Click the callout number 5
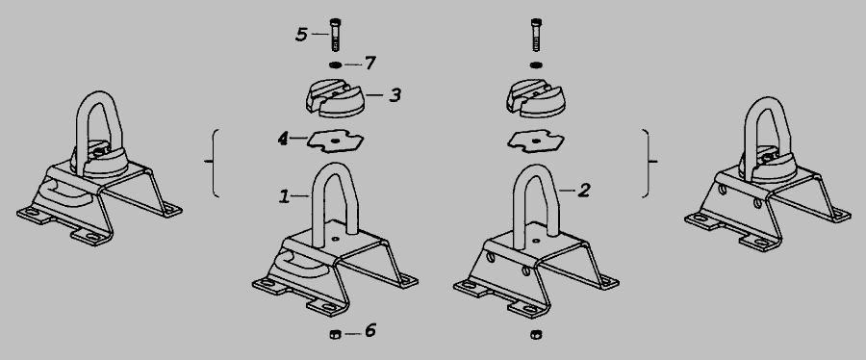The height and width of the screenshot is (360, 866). click(x=301, y=35)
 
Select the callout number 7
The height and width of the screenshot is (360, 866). click(x=370, y=64)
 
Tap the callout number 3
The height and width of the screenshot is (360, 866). click(x=395, y=95)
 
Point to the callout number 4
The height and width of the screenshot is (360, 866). click(x=283, y=139)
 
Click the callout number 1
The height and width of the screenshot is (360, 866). click(x=284, y=196)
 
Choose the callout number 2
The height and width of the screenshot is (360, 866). click(x=584, y=191)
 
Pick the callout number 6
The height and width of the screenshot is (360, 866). click(x=370, y=331)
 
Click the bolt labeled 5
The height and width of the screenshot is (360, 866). click(x=335, y=35)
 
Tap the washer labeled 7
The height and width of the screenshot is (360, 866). click(x=335, y=65)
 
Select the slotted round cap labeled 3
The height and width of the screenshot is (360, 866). click(x=335, y=98)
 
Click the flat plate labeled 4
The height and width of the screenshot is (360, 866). click(x=335, y=141)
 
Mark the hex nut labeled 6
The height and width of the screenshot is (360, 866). click(x=335, y=333)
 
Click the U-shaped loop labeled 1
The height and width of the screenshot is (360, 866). click(x=316, y=204)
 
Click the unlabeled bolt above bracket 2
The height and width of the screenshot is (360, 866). click(x=535, y=35)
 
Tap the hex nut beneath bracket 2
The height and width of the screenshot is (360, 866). click(x=535, y=334)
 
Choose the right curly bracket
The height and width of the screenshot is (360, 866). click(x=647, y=163)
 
